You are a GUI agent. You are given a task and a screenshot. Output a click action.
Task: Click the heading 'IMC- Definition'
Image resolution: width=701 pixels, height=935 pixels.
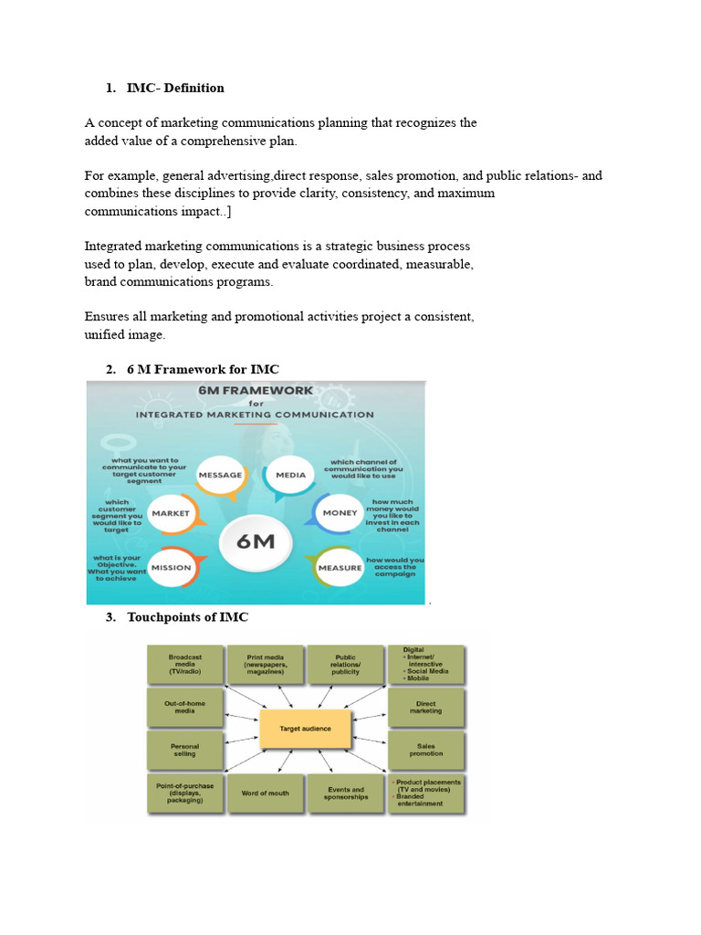(175, 89)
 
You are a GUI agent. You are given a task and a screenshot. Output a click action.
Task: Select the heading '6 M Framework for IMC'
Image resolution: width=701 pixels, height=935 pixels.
(203, 369)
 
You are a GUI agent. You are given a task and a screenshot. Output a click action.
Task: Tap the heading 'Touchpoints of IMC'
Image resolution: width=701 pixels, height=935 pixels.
(187, 617)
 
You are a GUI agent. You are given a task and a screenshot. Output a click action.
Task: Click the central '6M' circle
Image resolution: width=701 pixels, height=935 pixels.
(256, 541)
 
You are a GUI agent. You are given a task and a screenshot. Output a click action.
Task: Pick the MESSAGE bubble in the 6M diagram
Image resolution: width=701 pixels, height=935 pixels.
(220, 475)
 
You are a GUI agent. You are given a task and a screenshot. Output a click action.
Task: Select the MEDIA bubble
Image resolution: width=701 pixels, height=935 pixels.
(290, 475)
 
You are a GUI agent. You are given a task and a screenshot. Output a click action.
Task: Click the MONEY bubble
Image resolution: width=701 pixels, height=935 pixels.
(340, 513)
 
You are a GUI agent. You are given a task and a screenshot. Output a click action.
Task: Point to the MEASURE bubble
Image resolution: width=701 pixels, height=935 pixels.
(339, 568)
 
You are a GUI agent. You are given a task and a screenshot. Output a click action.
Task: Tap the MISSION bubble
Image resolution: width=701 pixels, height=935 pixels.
(171, 568)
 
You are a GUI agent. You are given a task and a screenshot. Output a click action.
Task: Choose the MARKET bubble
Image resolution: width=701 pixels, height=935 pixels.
(171, 513)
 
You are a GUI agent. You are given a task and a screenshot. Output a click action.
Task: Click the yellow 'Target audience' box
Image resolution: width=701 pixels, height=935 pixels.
(295, 729)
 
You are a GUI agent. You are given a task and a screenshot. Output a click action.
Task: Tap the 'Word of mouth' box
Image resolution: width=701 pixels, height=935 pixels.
(266, 793)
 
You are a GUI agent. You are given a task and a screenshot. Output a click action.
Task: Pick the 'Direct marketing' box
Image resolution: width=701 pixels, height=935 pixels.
(426, 707)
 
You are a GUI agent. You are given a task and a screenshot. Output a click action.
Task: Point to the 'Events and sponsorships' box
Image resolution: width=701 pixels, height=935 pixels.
(346, 793)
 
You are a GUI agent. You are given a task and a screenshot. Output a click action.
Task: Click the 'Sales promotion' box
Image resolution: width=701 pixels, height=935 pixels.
(426, 750)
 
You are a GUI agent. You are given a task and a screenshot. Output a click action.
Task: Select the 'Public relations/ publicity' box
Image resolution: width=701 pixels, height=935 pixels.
(346, 664)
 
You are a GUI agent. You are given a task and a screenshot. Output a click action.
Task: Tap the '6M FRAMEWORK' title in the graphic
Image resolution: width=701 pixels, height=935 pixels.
(256, 390)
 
